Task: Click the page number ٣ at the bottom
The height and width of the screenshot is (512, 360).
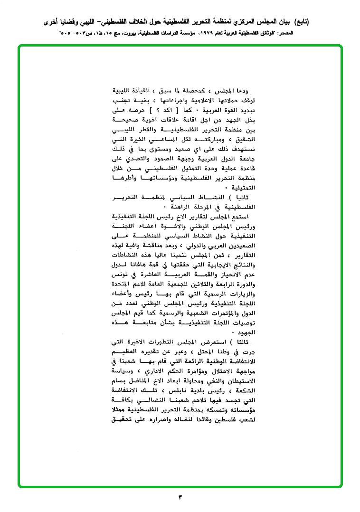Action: coord(180,497)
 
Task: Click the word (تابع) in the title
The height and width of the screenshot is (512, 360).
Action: coord(299,22)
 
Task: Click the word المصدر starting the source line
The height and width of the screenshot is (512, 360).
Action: coord(299,34)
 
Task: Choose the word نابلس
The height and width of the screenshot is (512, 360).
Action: coord(186,390)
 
